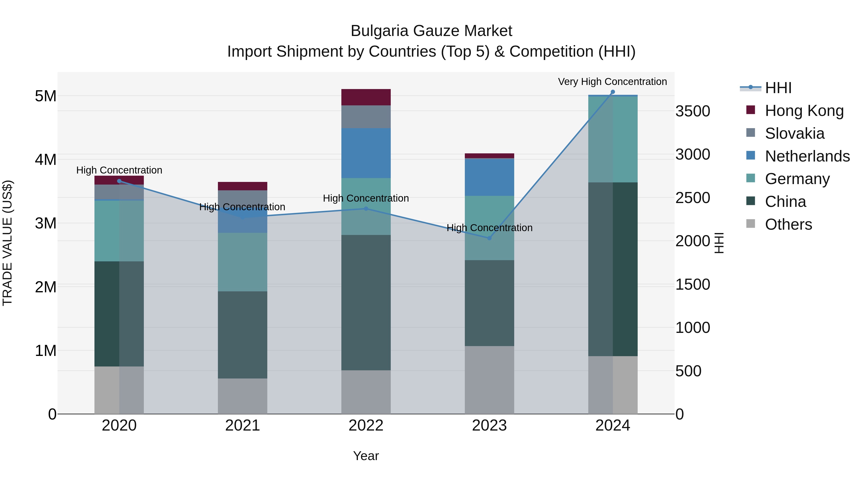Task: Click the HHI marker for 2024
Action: [x=613, y=92]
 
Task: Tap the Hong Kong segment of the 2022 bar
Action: [x=366, y=97]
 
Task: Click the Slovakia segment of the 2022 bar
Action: [x=366, y=117]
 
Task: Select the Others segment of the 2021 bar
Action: [x=243, y=396]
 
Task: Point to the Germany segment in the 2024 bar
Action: [x=613, y=139]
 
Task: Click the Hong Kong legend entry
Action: [x=804, y=111]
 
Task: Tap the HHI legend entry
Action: [x=778, y=88]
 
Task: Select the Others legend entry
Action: [x=788, y=224]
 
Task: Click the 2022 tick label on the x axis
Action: [x=366, y=426]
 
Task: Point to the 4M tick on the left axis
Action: [x=46, y=160]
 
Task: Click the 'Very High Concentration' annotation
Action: [x=612, y=82]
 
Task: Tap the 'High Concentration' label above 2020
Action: [x=119, y=170]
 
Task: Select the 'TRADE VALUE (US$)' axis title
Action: [x=7, y=243]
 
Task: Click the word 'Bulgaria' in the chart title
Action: [x=379, y=31]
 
